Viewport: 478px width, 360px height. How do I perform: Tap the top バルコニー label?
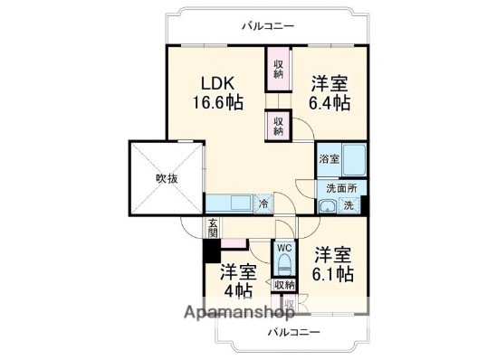click(267, 26)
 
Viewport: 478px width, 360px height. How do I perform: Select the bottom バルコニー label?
click(293, 333)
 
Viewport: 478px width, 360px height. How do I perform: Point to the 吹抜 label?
click(166, 178)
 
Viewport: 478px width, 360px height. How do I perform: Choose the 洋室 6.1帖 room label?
click(332, 264)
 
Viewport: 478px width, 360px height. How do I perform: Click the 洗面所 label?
click(342, 188)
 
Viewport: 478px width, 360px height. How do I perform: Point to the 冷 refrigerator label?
click(263, 204)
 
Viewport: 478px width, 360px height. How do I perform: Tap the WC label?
click(283, 247)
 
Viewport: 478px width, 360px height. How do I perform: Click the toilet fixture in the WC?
click(284, 265)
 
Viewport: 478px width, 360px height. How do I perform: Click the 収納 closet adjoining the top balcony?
click(278, 69)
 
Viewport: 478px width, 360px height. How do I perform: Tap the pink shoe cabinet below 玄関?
click(234, 242)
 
